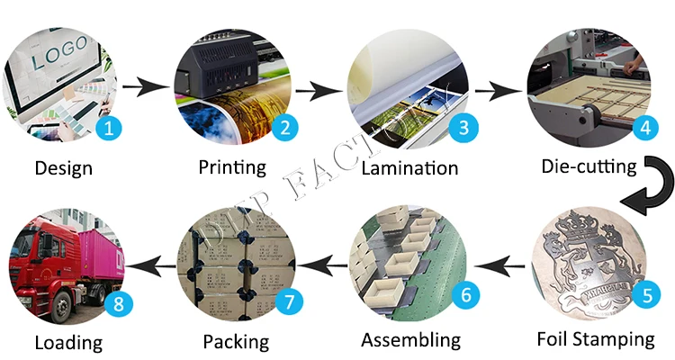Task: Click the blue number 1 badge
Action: pyautogui.click(x=108, y=128)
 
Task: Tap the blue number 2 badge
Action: pyautogui.click(x=284, y=128)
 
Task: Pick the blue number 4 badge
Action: pyautogui.click(x=642, y=128)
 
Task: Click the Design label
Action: pyautogui.click(x=63, y=167)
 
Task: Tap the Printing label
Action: pyautogui.click(x=232, y=166)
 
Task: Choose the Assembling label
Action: pyautogui.click(x=410, y=340)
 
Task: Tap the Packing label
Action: pyautogui.click(x=236, y=341)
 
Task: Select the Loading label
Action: pyautogui.click(x=68, y=341)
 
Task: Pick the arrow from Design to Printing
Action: pyautogui.click(x=146, y=87)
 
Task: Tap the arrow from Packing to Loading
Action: pyautogui.click(x=151, y=264)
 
